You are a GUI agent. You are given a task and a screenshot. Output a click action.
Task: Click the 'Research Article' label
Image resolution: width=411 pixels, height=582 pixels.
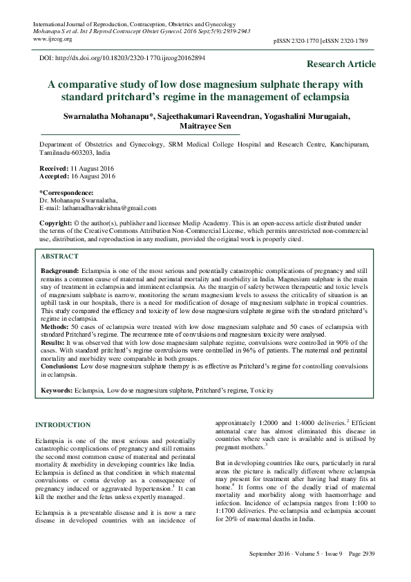pyautogui.click(x=341, y=64)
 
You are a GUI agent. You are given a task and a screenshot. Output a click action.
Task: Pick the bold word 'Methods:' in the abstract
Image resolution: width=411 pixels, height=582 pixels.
pyautogui.click(x=55, y=325)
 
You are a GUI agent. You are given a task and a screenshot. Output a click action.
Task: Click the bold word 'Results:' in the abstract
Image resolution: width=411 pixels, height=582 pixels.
pyautogui.click(x=53, y=341)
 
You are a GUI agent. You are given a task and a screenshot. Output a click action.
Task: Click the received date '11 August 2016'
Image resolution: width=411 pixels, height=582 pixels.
pyautogui.click(x=92, y=168)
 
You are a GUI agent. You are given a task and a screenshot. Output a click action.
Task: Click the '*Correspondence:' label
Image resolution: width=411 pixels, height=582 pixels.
pyautogui.click(x=66, y=191)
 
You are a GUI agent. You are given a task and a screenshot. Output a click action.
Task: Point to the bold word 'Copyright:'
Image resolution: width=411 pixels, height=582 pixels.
pyautogui.click(x=55, y=224)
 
